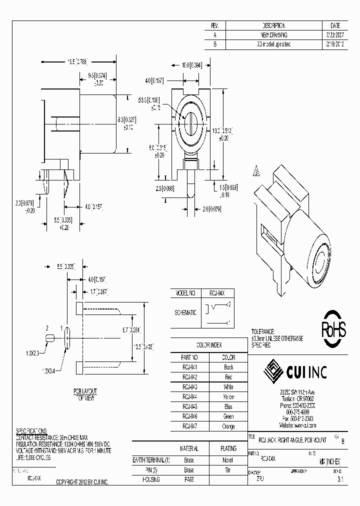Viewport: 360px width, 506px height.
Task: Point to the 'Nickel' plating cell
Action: click(x=227, y=460)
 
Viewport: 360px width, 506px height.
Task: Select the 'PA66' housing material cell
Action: click(x=188, y=479)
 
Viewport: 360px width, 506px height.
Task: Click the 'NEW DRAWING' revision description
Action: click(x=274, y=35)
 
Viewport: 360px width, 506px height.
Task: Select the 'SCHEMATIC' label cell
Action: click(x=185, y=312)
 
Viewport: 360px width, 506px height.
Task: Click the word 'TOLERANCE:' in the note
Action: click(x=262, y=332)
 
